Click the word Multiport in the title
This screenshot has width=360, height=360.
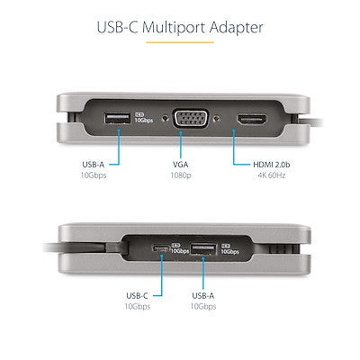coord(178,27)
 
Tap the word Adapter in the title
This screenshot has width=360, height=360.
coord(234,27)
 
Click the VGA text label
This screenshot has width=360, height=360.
coord(179,165)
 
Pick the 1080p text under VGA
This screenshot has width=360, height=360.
coord(179,176)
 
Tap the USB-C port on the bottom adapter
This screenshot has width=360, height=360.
coord(161,247)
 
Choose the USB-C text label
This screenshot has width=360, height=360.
coord(135,294)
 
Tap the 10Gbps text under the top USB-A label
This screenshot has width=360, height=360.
coord(94,176)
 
